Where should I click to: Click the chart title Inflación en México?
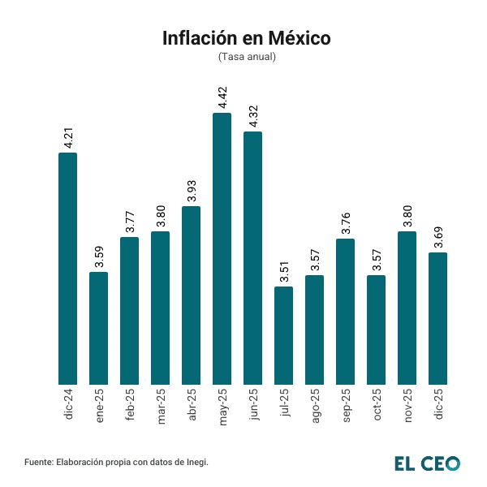pyautogui.click(x=247, y=38)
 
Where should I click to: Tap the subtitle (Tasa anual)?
pyautogui.click(x=247, y=57)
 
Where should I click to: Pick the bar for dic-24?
pyautogui.click(x=68, y=268)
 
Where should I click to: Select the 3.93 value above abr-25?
pyautogui.click(x=191, y=190)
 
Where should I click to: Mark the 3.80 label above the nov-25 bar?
pyautogui.click(x=407, y=215)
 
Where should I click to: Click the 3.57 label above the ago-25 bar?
pyautogui.click(x=314, y=259)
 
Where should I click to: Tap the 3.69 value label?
pyautogui.click(x=437, y=236)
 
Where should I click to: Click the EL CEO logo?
pyautogui.click(x=427, y=463)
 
